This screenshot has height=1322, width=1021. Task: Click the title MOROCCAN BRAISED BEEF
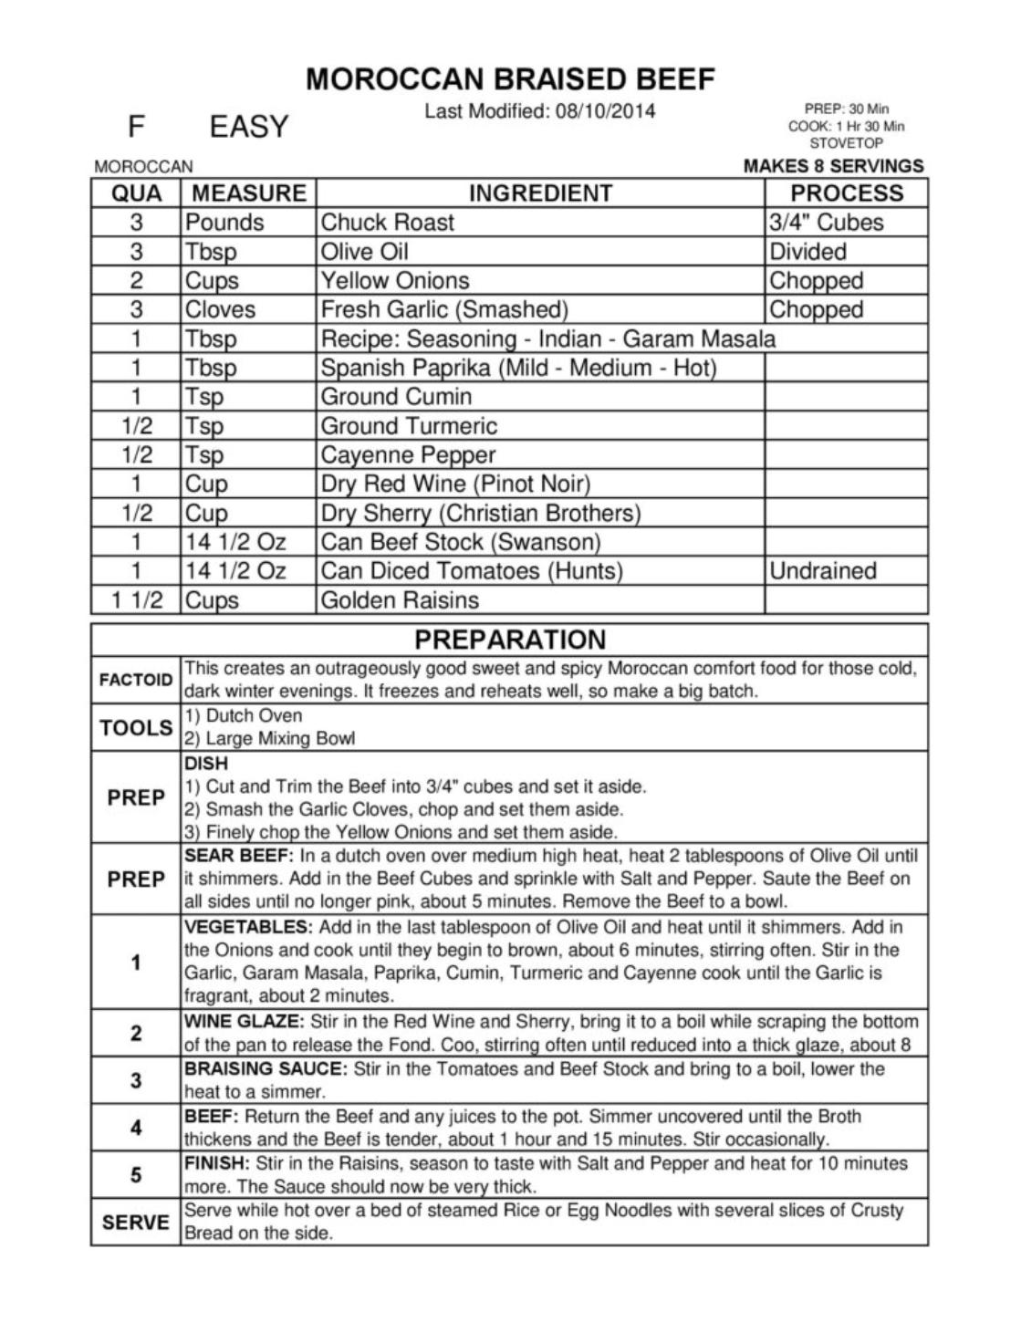510,79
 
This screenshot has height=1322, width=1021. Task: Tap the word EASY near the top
248,126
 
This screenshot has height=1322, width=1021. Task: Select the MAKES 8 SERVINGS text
833,166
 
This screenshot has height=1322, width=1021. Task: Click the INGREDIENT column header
540,193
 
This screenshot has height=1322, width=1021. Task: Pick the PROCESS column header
846,193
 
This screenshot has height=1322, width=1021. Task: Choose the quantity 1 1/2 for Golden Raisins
136,600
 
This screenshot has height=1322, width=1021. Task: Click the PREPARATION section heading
509,640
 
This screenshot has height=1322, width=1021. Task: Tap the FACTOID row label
136,681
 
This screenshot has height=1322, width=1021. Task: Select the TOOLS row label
136,728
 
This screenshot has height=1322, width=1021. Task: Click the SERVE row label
136,1223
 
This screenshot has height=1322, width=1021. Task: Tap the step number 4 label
136,1129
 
